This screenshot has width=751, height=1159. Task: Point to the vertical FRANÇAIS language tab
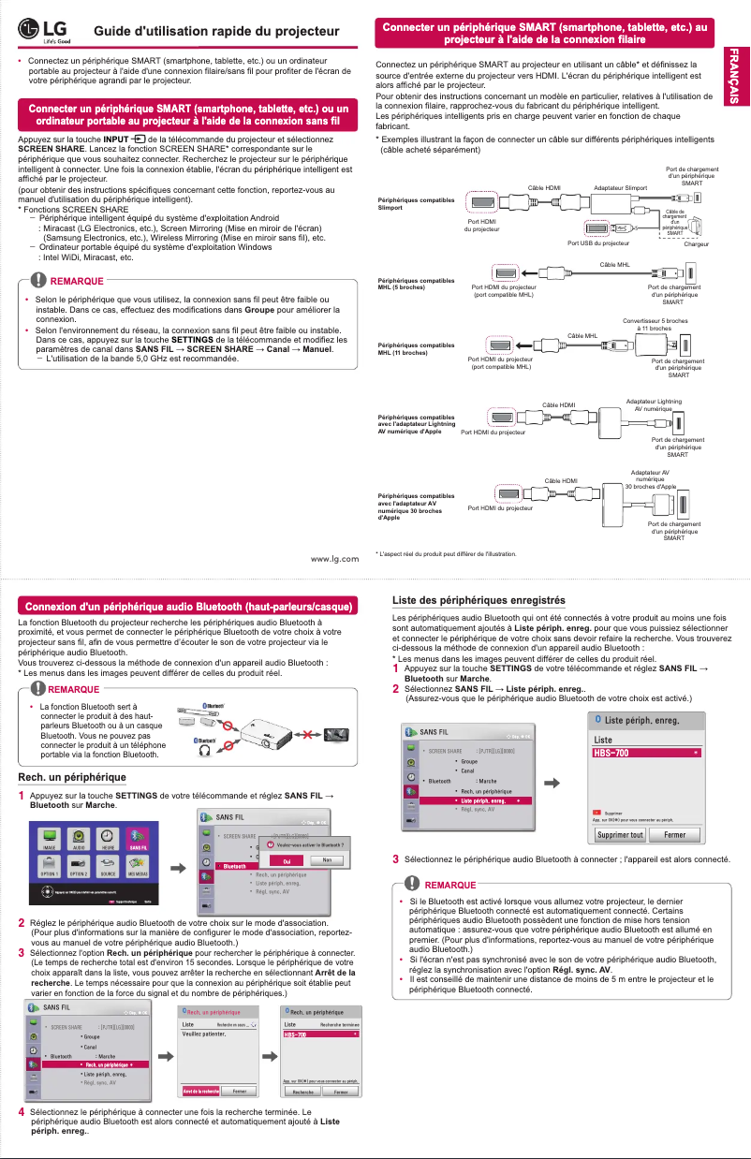point(738,75)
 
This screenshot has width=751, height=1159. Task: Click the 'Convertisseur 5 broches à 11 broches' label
point(655,324)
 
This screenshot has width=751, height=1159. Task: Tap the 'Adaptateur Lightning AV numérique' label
point(654,404)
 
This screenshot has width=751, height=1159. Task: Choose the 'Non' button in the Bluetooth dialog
point(327,859)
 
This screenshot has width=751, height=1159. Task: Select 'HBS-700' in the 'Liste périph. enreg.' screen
point(646,752)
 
